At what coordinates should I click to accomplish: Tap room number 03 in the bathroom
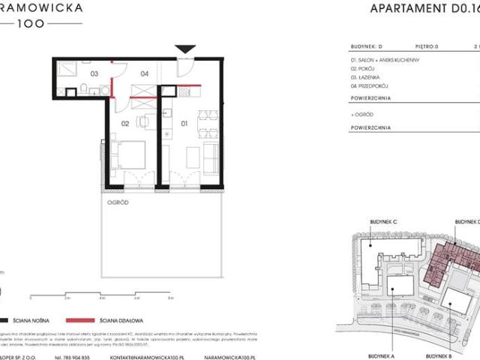click(94, 74)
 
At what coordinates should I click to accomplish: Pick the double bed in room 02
click(128, 155)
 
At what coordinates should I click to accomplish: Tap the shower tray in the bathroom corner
click(67, 67)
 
